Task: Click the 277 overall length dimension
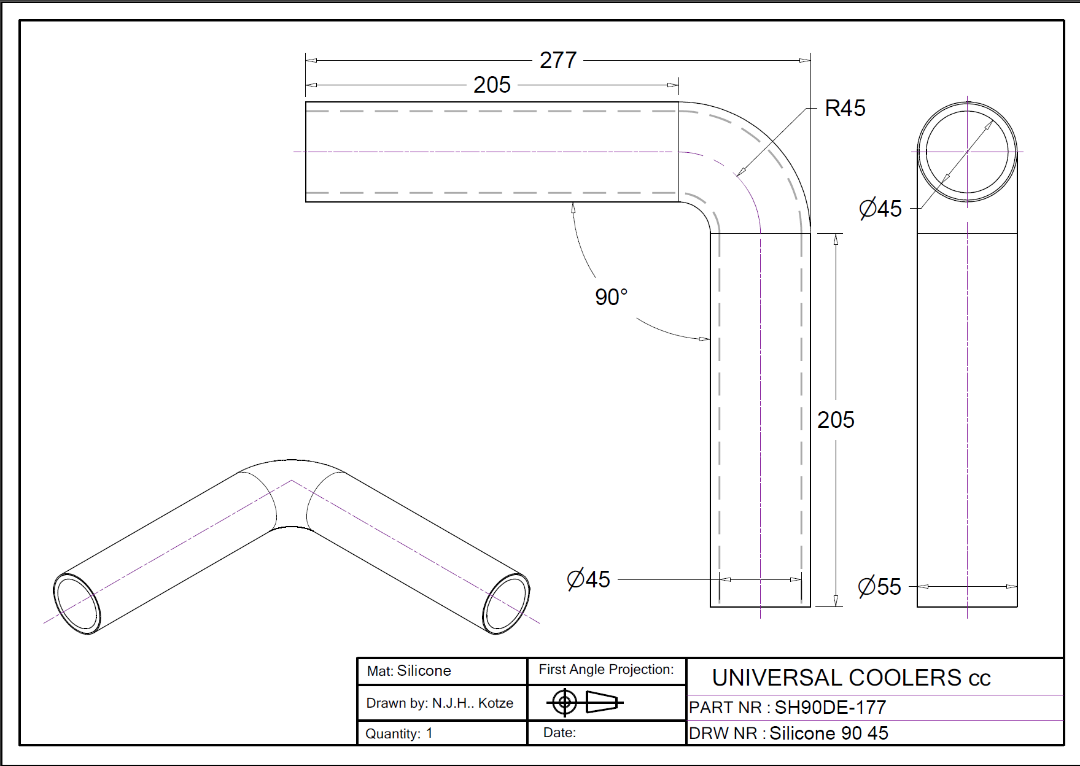(558, 60)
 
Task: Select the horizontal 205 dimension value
(492, 85)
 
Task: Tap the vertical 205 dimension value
(836, 420)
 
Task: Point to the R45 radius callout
(845, 108)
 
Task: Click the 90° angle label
(612, 297)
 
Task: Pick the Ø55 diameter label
(880, 587)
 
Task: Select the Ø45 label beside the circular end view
(880, 209)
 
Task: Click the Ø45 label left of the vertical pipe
(589, 579)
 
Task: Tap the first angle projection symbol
(585, 702)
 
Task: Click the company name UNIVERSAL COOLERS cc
(851, 678)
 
